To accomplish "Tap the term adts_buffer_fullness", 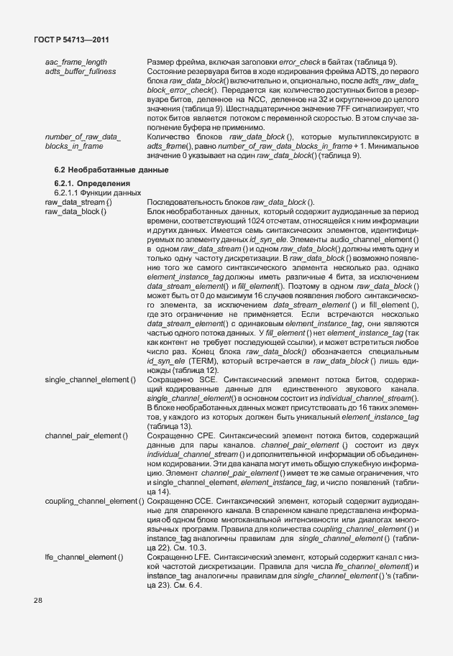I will pyautogui.click(x=81, y=72).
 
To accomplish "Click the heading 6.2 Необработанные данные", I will pyautogui.click(x=111, y=170).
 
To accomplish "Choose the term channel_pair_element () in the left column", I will pyautogui.click(x=86, y=435).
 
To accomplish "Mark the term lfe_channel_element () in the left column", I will pyautogui.click(x=83, y=557).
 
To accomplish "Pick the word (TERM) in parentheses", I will pyautogui.click(x=203, y=361).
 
